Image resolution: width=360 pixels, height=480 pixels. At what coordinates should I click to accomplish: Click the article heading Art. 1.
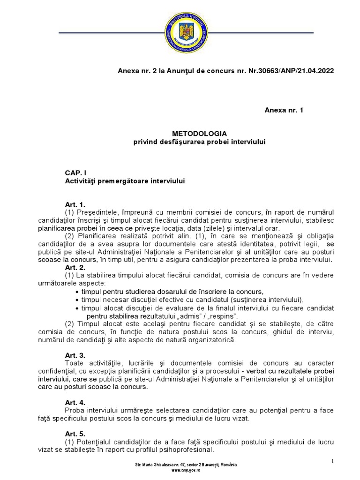75,204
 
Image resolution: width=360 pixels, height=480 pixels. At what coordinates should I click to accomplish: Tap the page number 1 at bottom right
333,461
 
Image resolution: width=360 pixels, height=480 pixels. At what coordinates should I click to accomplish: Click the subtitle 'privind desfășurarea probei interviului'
199,141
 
